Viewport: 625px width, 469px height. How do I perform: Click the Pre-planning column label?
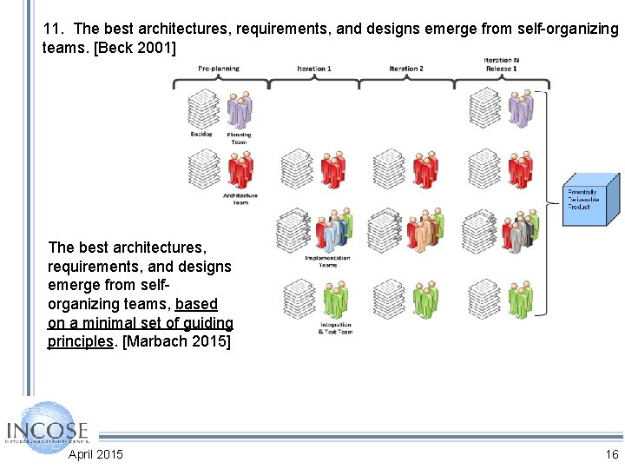pos(219,69)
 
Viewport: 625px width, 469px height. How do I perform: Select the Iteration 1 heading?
pos(313,69)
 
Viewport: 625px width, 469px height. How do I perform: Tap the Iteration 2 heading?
pos(405,69)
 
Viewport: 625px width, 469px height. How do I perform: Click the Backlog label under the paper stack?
pos(201,135)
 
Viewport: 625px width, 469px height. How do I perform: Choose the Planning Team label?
pos(239,137)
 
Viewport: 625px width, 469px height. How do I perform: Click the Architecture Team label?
pos(240,199)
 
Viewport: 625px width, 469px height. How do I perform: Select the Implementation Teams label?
pos(327,261)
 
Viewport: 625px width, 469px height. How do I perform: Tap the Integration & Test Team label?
pos(336,328)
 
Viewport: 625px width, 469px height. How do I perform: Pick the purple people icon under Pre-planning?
pos(239,109)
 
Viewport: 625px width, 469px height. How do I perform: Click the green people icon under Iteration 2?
pos(425,300)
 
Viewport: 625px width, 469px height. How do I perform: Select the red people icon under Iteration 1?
pos(333,169)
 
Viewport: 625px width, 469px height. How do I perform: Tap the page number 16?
pos(612,454)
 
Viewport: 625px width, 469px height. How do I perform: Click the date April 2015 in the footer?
pos(95,454)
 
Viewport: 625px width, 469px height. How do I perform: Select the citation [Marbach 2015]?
pos(177,341)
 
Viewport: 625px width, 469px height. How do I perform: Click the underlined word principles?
pos(81,341)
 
